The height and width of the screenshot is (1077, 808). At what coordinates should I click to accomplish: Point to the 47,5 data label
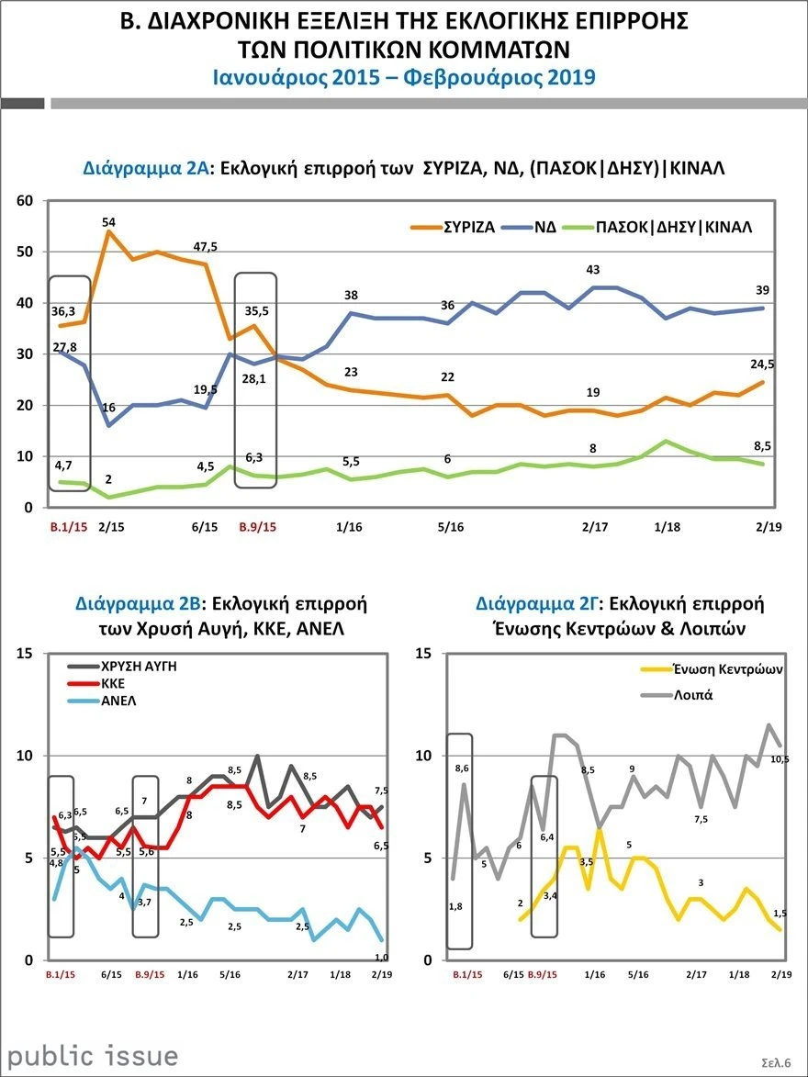[x=202, y=246]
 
